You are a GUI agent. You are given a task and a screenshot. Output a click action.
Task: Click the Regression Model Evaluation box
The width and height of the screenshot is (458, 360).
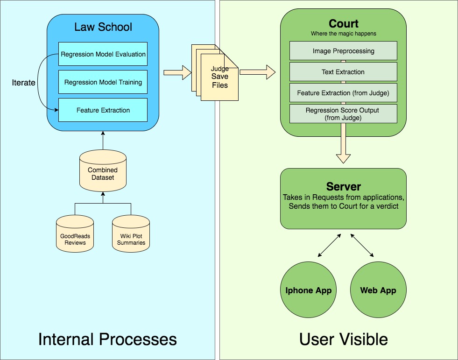(103, 54)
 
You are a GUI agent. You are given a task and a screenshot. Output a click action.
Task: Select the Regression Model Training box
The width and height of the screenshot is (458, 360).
(103, 82)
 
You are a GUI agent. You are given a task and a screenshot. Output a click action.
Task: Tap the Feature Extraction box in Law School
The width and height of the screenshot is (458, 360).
(103, 110)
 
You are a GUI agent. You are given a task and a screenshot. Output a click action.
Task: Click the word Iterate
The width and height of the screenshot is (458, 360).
(23, 83)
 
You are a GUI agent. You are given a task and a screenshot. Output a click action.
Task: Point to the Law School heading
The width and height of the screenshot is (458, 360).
(103, 27)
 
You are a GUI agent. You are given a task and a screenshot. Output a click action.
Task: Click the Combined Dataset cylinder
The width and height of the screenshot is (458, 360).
(103, 173)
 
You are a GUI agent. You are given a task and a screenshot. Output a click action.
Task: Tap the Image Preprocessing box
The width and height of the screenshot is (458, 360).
(343, 51)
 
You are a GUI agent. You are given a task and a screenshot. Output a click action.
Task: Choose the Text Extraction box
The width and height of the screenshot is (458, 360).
(343, 72)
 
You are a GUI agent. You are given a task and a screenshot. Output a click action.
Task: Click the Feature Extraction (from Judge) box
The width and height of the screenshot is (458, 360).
(343, 93)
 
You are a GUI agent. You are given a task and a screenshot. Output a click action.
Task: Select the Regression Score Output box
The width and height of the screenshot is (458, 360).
(343, 114)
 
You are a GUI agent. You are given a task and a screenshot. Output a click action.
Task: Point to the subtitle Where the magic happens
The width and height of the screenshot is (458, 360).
(343, 34)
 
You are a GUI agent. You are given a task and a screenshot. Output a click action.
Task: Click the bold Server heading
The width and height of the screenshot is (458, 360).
(343, 187)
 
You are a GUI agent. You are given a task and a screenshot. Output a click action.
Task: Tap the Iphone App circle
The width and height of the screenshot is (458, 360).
(309, 290)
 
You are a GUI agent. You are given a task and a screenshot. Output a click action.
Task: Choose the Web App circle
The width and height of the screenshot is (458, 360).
(378, 290)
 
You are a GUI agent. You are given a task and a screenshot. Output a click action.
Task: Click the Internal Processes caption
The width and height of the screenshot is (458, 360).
(107, 339)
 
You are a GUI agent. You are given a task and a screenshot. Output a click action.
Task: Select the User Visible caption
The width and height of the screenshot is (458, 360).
(343, 339)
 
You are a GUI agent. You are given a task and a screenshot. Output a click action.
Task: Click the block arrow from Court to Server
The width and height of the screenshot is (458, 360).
(343, 149)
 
